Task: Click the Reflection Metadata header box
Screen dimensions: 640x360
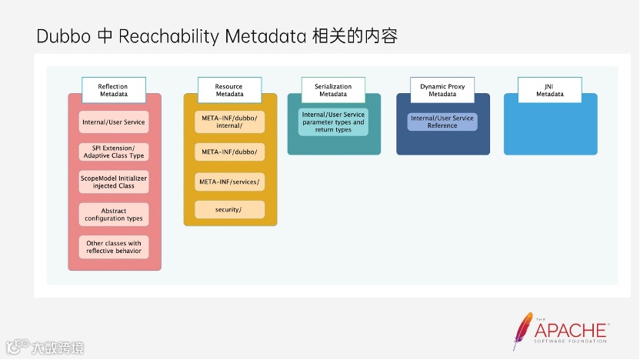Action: (113, 90)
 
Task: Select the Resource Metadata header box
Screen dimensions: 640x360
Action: (229, 90)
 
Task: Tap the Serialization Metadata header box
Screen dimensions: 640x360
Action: (333, 90)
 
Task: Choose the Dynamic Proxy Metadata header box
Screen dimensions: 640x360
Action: (442, 90)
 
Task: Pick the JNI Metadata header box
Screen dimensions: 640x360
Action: (549, 90)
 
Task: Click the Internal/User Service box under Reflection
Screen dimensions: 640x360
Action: (113, 122)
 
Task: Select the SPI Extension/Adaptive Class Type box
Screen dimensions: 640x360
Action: (113, 152)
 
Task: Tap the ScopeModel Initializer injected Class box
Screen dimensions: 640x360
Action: (113, 182)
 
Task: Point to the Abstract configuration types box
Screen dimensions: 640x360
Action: (113, 215)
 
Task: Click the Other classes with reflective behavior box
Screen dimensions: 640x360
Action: (113, 247)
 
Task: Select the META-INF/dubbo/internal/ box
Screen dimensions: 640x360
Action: (229, 121)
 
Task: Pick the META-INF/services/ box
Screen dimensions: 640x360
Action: (229, 182)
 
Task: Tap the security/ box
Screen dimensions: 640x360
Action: (229, 209)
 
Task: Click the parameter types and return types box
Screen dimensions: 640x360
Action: (333, 122)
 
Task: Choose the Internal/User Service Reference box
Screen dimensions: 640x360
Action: (442, 122)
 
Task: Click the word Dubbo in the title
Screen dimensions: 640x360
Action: (64, 37)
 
